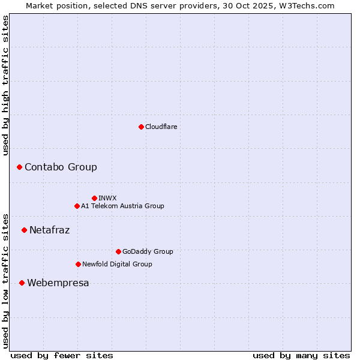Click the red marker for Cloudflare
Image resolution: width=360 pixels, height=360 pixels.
pos(141,127)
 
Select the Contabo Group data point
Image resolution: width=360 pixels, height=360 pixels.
pos(19,167)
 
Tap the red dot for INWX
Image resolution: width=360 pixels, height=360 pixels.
pos(94,198)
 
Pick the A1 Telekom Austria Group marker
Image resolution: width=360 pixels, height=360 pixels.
pos(77,206)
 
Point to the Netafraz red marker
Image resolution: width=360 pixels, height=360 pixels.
pos(24,230)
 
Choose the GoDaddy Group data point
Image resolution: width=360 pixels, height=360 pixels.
pos(118,251)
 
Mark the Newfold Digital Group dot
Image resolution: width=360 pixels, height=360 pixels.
pos(78,264)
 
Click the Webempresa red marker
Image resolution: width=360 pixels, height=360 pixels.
pos(22,283)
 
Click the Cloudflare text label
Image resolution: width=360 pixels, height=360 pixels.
pos(161,127)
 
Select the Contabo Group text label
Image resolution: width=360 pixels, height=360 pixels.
pos(61,167)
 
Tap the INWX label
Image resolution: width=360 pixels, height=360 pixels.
pos(107,198)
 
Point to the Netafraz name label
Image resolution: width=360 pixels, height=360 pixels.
pos(49,230)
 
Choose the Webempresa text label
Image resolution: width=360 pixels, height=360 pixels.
pos(58,283)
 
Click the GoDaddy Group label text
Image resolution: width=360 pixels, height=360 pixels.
pos(148,251)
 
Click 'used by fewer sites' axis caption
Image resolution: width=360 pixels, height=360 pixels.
pos(62,355)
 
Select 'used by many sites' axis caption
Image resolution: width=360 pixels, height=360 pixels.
pos(301,355)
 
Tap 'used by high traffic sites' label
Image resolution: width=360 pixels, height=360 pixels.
pos(5,85)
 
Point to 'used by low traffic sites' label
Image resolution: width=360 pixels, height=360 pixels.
pos(5,281)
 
